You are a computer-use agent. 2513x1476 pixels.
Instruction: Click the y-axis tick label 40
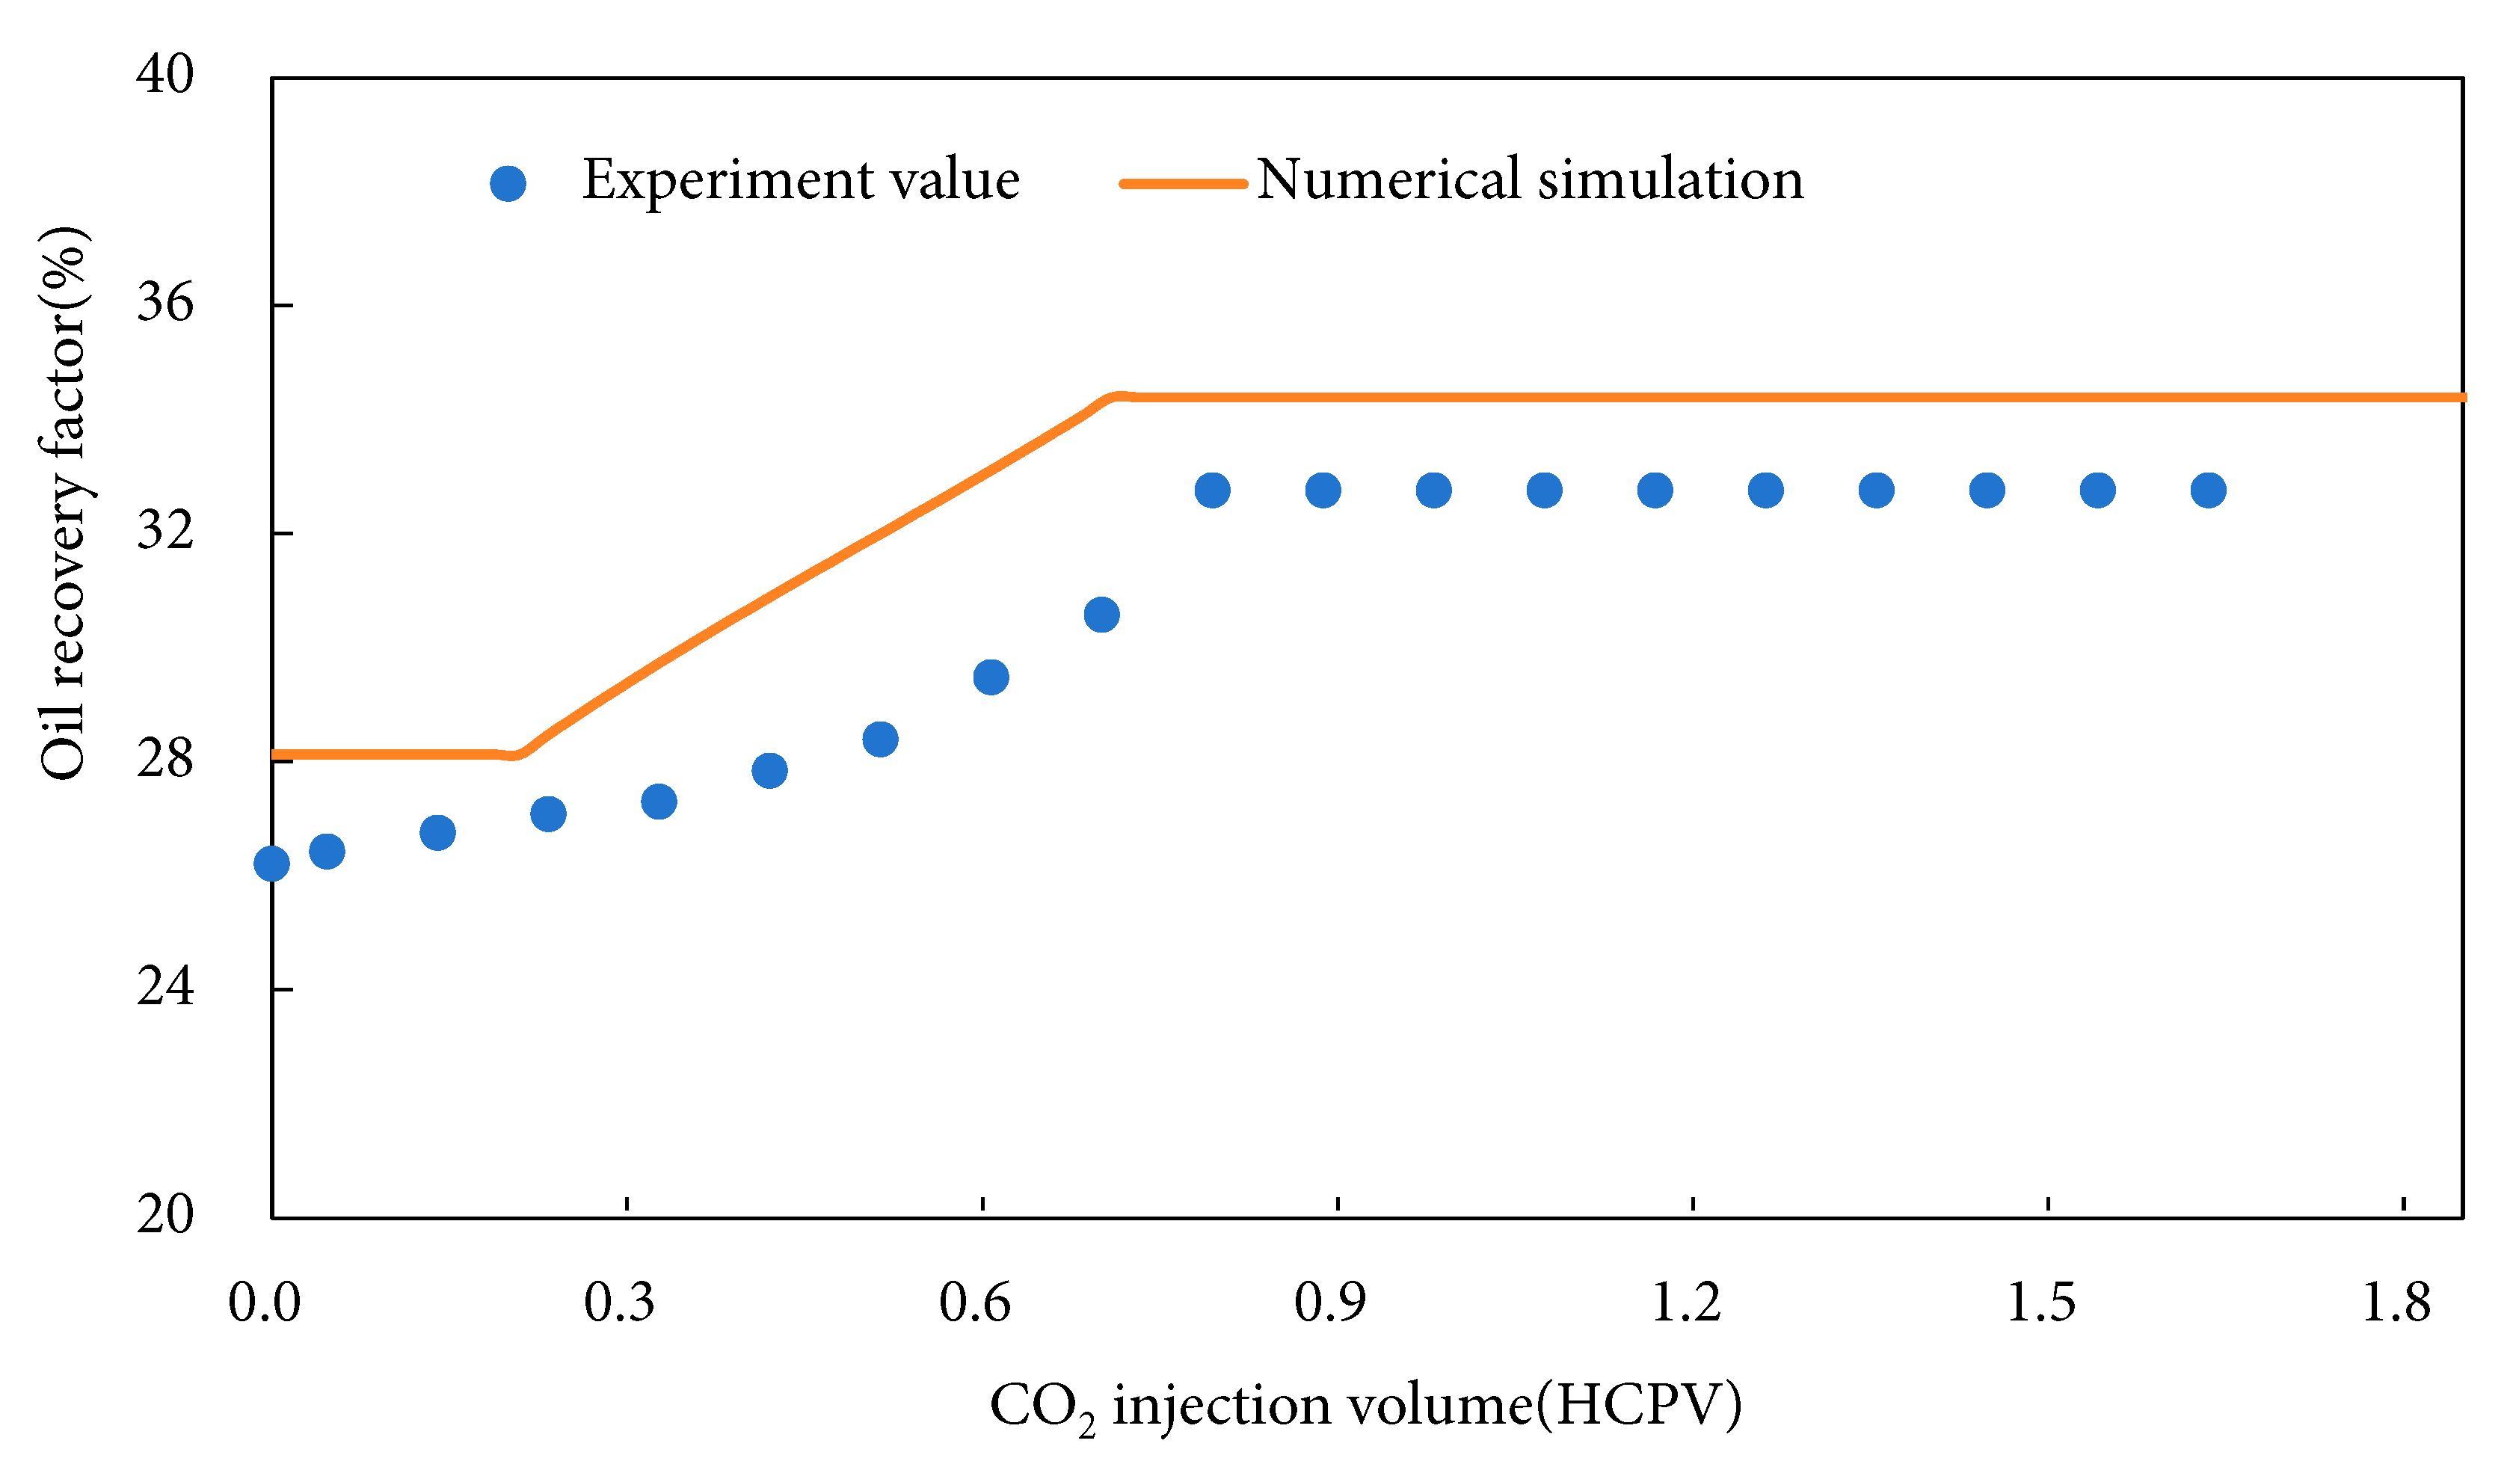[x=164, y=74]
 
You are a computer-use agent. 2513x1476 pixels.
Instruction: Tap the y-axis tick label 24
[x=164, y=987]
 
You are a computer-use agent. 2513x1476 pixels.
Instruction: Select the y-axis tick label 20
[x=164, y=1215]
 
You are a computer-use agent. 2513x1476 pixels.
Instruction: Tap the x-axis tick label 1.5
[x=2040, y=1303]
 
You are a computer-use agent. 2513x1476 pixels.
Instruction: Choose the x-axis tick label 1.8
[x=2396, y=1303]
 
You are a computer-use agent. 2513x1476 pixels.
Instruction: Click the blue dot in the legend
[x=508, y=183]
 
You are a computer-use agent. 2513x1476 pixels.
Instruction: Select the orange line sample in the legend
[x=1183, y=183]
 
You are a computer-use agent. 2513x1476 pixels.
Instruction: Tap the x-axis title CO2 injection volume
[x=1365, y=1406]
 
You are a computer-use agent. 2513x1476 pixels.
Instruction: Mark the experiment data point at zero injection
[x=271, y=864]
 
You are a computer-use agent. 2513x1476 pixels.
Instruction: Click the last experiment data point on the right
[x=2208, y=491]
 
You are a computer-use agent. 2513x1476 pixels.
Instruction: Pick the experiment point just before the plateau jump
[x=1101, y=615]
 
